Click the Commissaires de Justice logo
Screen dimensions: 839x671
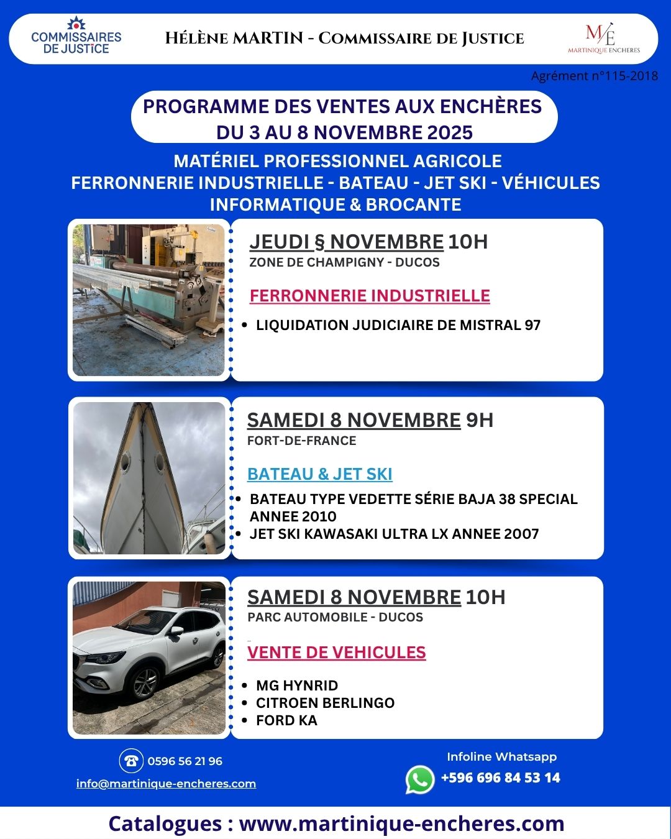click(x=76, y=37)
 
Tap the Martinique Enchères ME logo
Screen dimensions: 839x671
click(x=603, y=38)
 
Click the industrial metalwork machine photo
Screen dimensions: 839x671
click(x=148, y=300)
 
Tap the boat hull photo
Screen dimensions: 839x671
click(x=149, y=478)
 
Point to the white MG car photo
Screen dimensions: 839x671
click(x=149, y=658)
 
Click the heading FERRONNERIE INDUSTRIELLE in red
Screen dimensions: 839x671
click(x=370, y=296)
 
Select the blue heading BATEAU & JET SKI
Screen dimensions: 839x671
click(x=319, y=474)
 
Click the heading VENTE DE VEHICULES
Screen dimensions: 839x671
click(x=336, y=653)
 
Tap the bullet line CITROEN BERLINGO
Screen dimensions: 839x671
click(x=325, y=703)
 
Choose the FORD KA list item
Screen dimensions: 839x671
click(x=286, y=720)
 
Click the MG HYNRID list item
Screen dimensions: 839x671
click(x=297, y=685)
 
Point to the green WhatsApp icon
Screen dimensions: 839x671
click(x=420, y=779)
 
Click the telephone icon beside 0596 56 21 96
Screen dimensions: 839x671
click(x=131, y=761)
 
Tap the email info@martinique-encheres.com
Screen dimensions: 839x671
click(x=166, y=784)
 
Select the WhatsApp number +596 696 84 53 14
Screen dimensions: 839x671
click(x=500, y=777)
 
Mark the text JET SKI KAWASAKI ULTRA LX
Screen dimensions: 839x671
click(x=348, y=534)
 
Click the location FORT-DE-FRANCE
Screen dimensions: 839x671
click(x=301, y=441)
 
